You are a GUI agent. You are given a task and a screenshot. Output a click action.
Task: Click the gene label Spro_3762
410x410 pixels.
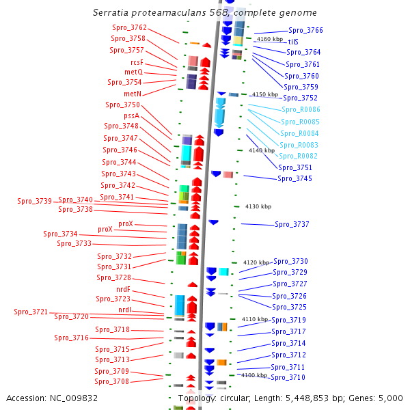tap(129, 27)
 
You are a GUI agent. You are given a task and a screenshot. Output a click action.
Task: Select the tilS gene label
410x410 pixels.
tap(293, 42)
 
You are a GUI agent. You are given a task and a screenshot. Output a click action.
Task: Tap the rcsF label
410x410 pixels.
tap(137, 62)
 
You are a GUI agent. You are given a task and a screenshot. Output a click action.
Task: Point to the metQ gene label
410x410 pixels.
tap(134, 72)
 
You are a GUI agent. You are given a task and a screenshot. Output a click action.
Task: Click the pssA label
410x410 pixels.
tap(131, 115)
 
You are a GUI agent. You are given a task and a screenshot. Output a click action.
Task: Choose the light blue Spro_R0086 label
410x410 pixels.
tap(301, 109)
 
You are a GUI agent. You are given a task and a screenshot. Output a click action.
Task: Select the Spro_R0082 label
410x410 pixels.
tap(298, 156)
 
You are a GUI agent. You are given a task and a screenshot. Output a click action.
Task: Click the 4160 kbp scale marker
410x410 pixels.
tap(270, 39)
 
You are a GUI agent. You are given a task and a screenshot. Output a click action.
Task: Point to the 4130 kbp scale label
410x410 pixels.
tap(258, 206)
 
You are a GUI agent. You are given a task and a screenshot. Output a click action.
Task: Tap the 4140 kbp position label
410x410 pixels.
tap(262, 150)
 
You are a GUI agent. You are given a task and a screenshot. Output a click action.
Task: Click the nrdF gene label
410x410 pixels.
tap(123, 289)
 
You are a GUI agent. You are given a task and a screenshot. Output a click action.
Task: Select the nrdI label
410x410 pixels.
tap(125, 310)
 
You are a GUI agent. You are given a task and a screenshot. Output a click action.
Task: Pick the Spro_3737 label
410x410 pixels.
tap(292, 224)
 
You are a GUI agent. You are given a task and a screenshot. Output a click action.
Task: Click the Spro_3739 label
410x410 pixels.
tap(35, 201)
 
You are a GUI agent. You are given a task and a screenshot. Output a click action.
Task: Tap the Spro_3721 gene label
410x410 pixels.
tap(31, 312)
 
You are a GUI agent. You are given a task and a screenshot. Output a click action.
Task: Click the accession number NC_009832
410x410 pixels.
tap(74, 398)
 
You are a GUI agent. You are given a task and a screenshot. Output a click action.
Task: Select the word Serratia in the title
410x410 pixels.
tap(111, 12)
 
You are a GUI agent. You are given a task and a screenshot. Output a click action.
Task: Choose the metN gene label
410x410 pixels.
tap(133, 94)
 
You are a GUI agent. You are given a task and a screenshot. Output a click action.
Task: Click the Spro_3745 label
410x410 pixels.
tap(295, 178)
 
